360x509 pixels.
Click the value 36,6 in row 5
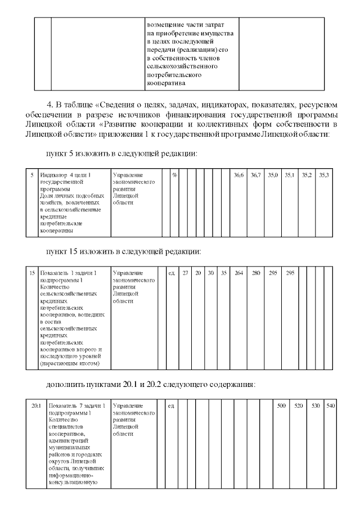click(238, 175)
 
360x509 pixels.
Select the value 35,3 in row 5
click(324, 175)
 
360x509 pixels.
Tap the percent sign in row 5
click(175, 175)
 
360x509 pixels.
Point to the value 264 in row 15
click(238, 273)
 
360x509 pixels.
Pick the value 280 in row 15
click(256, 273)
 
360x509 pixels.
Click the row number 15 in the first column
click(32, 273)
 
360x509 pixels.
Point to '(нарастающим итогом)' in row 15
click(68, 364)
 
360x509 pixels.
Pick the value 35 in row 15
click(224, 273)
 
